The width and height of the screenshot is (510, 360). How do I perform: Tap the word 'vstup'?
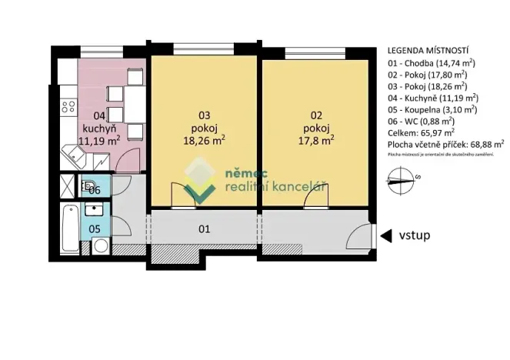414,235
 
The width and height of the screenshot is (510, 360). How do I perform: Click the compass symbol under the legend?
401,182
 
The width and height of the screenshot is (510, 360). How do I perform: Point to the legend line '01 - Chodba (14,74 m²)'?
430,63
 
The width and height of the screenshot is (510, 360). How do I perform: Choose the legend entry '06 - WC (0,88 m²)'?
422,121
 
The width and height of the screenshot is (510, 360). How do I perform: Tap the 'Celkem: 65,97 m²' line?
421,132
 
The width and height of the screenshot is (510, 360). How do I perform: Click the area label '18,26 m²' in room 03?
204,141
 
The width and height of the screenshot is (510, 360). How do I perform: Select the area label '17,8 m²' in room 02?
316,141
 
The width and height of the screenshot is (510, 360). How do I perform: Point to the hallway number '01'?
205,228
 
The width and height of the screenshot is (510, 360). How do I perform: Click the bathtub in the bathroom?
68,228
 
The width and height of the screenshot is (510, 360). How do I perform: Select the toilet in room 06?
88,186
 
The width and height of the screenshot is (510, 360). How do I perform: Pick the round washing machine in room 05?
100,245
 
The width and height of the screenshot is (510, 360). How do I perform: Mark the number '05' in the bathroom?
94,228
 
